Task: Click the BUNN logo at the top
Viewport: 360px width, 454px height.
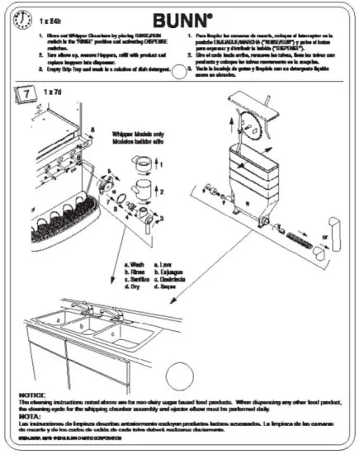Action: tap(180, 17)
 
